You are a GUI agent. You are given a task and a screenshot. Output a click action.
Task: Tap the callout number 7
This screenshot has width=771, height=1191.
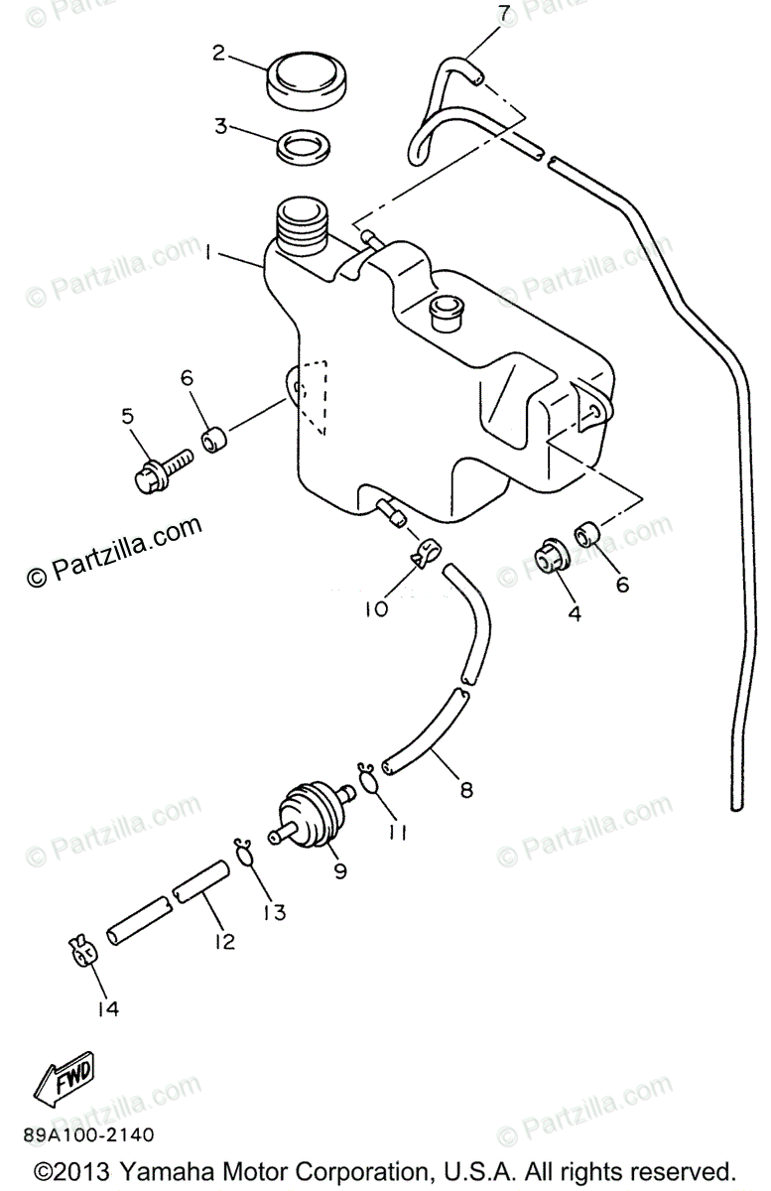pyautogui.click(x=504, y=13)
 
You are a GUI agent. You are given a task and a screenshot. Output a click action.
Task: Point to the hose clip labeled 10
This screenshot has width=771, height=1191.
pyautogui.click(x=426, y=556)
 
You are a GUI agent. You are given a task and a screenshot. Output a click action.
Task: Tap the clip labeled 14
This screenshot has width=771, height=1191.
pyautogui.click(x=84, y=951)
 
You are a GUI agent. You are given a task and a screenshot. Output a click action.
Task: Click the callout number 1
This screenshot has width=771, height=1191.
pyautogui.click(x=209, y=255)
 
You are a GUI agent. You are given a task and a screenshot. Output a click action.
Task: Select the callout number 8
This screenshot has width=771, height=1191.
pyautogui.click(x=465, y=791)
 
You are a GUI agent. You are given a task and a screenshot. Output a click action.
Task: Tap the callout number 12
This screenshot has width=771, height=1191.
pyautogui.click(x=225, y=940)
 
